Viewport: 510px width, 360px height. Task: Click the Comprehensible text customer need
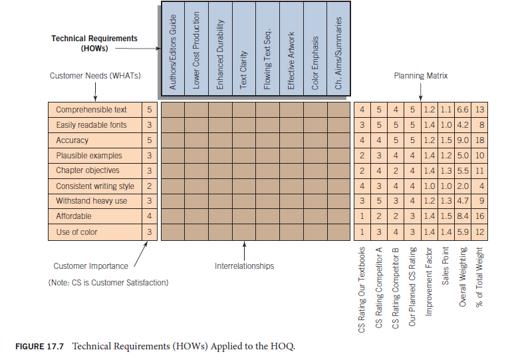(x=91, y=110)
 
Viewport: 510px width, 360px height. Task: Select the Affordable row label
(x=74, y=216)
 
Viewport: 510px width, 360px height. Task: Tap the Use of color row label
(x=76, y=232)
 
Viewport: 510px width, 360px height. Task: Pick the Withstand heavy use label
(x=91, y=201)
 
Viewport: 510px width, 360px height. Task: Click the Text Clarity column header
(x=244, y=71)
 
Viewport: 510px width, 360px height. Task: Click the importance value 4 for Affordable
(x=150, y=216)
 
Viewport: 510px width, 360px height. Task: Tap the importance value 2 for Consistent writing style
(x=150, y=186)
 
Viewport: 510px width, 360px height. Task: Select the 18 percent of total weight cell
(x=480, y=140)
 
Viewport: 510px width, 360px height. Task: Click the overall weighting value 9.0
(x=463, y=140)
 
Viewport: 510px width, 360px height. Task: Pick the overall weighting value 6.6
(x=463, y=110)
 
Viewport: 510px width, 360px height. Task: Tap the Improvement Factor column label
(x=429, y=291)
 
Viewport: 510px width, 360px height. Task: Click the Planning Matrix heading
(x=421, y=76)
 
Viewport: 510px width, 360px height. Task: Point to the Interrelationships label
(x=244, y=266)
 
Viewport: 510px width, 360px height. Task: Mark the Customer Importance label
(x=90, y=266)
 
